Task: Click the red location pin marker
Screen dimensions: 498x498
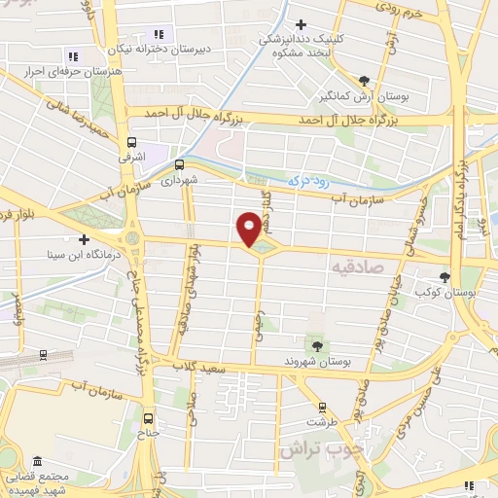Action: pyautogui.click(x=250, y=229)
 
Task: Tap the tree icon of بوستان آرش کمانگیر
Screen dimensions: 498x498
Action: pyautogui.click(x=364, y=81)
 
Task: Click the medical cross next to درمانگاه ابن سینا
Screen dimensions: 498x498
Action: pyautogui.click(x=84, y=239)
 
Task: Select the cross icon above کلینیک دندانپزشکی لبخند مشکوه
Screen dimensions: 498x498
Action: pyautogui.click(x=302, y=24)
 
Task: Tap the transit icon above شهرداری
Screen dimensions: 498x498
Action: pyautogui.click(x=179, y=164)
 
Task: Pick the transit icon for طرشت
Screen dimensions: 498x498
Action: pyautogui.click(x=321, y=408)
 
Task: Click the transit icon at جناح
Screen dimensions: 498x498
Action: pyautogui.click(x=148, y=414)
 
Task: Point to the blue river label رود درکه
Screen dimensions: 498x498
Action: pyautogui.click(x=309, y=182)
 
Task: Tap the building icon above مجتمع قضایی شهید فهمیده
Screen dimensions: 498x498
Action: pyautogui.click(x=37, y=461)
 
